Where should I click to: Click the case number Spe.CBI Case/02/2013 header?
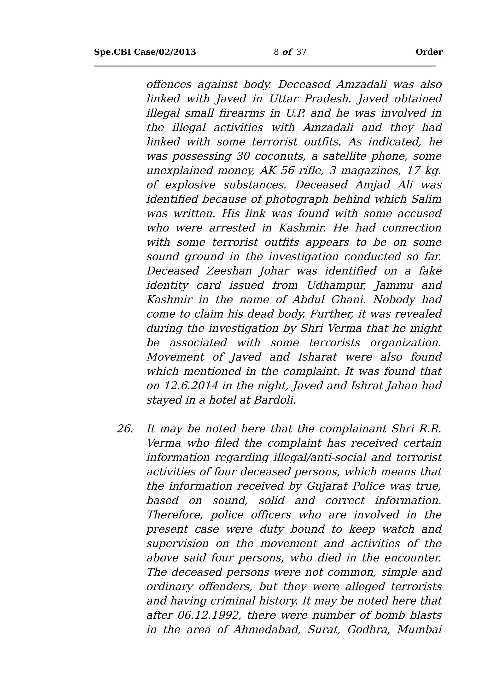145,52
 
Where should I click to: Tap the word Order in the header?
429,52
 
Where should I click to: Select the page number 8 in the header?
276,52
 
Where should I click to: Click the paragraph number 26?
125,429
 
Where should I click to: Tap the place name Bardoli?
275,400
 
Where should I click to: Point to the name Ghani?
348,300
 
